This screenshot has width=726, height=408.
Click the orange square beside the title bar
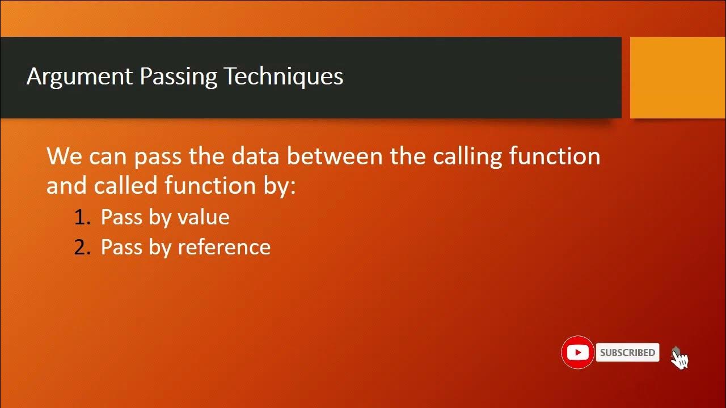(677, 78)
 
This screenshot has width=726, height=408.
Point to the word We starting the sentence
(64, 156)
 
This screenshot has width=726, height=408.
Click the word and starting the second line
(67, 185)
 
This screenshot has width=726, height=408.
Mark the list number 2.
(82, 248)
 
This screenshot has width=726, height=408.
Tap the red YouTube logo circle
(577, 352)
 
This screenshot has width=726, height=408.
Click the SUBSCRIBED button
(627, 352)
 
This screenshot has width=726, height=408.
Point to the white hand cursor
(679, 358)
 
